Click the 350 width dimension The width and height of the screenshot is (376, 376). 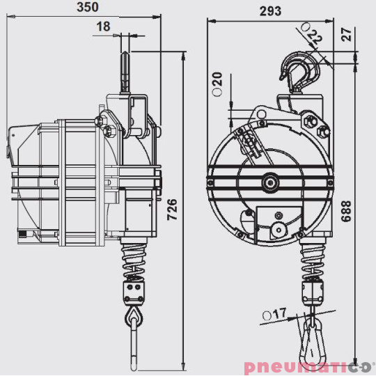coord(88,7)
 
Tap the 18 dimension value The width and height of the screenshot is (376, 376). coord(103,26)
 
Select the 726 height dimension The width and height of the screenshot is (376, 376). coord(172,210)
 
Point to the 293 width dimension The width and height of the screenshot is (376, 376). coord(270,11)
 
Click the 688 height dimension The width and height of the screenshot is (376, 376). coord(346,211)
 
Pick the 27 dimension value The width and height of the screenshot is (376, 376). coord(347,34)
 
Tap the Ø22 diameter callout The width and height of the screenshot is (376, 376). coord(312,33)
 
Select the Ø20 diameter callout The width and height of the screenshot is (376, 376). coord(218,84)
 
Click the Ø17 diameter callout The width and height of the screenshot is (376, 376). coord(274,314)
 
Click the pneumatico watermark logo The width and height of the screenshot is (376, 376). coord(309,367)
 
